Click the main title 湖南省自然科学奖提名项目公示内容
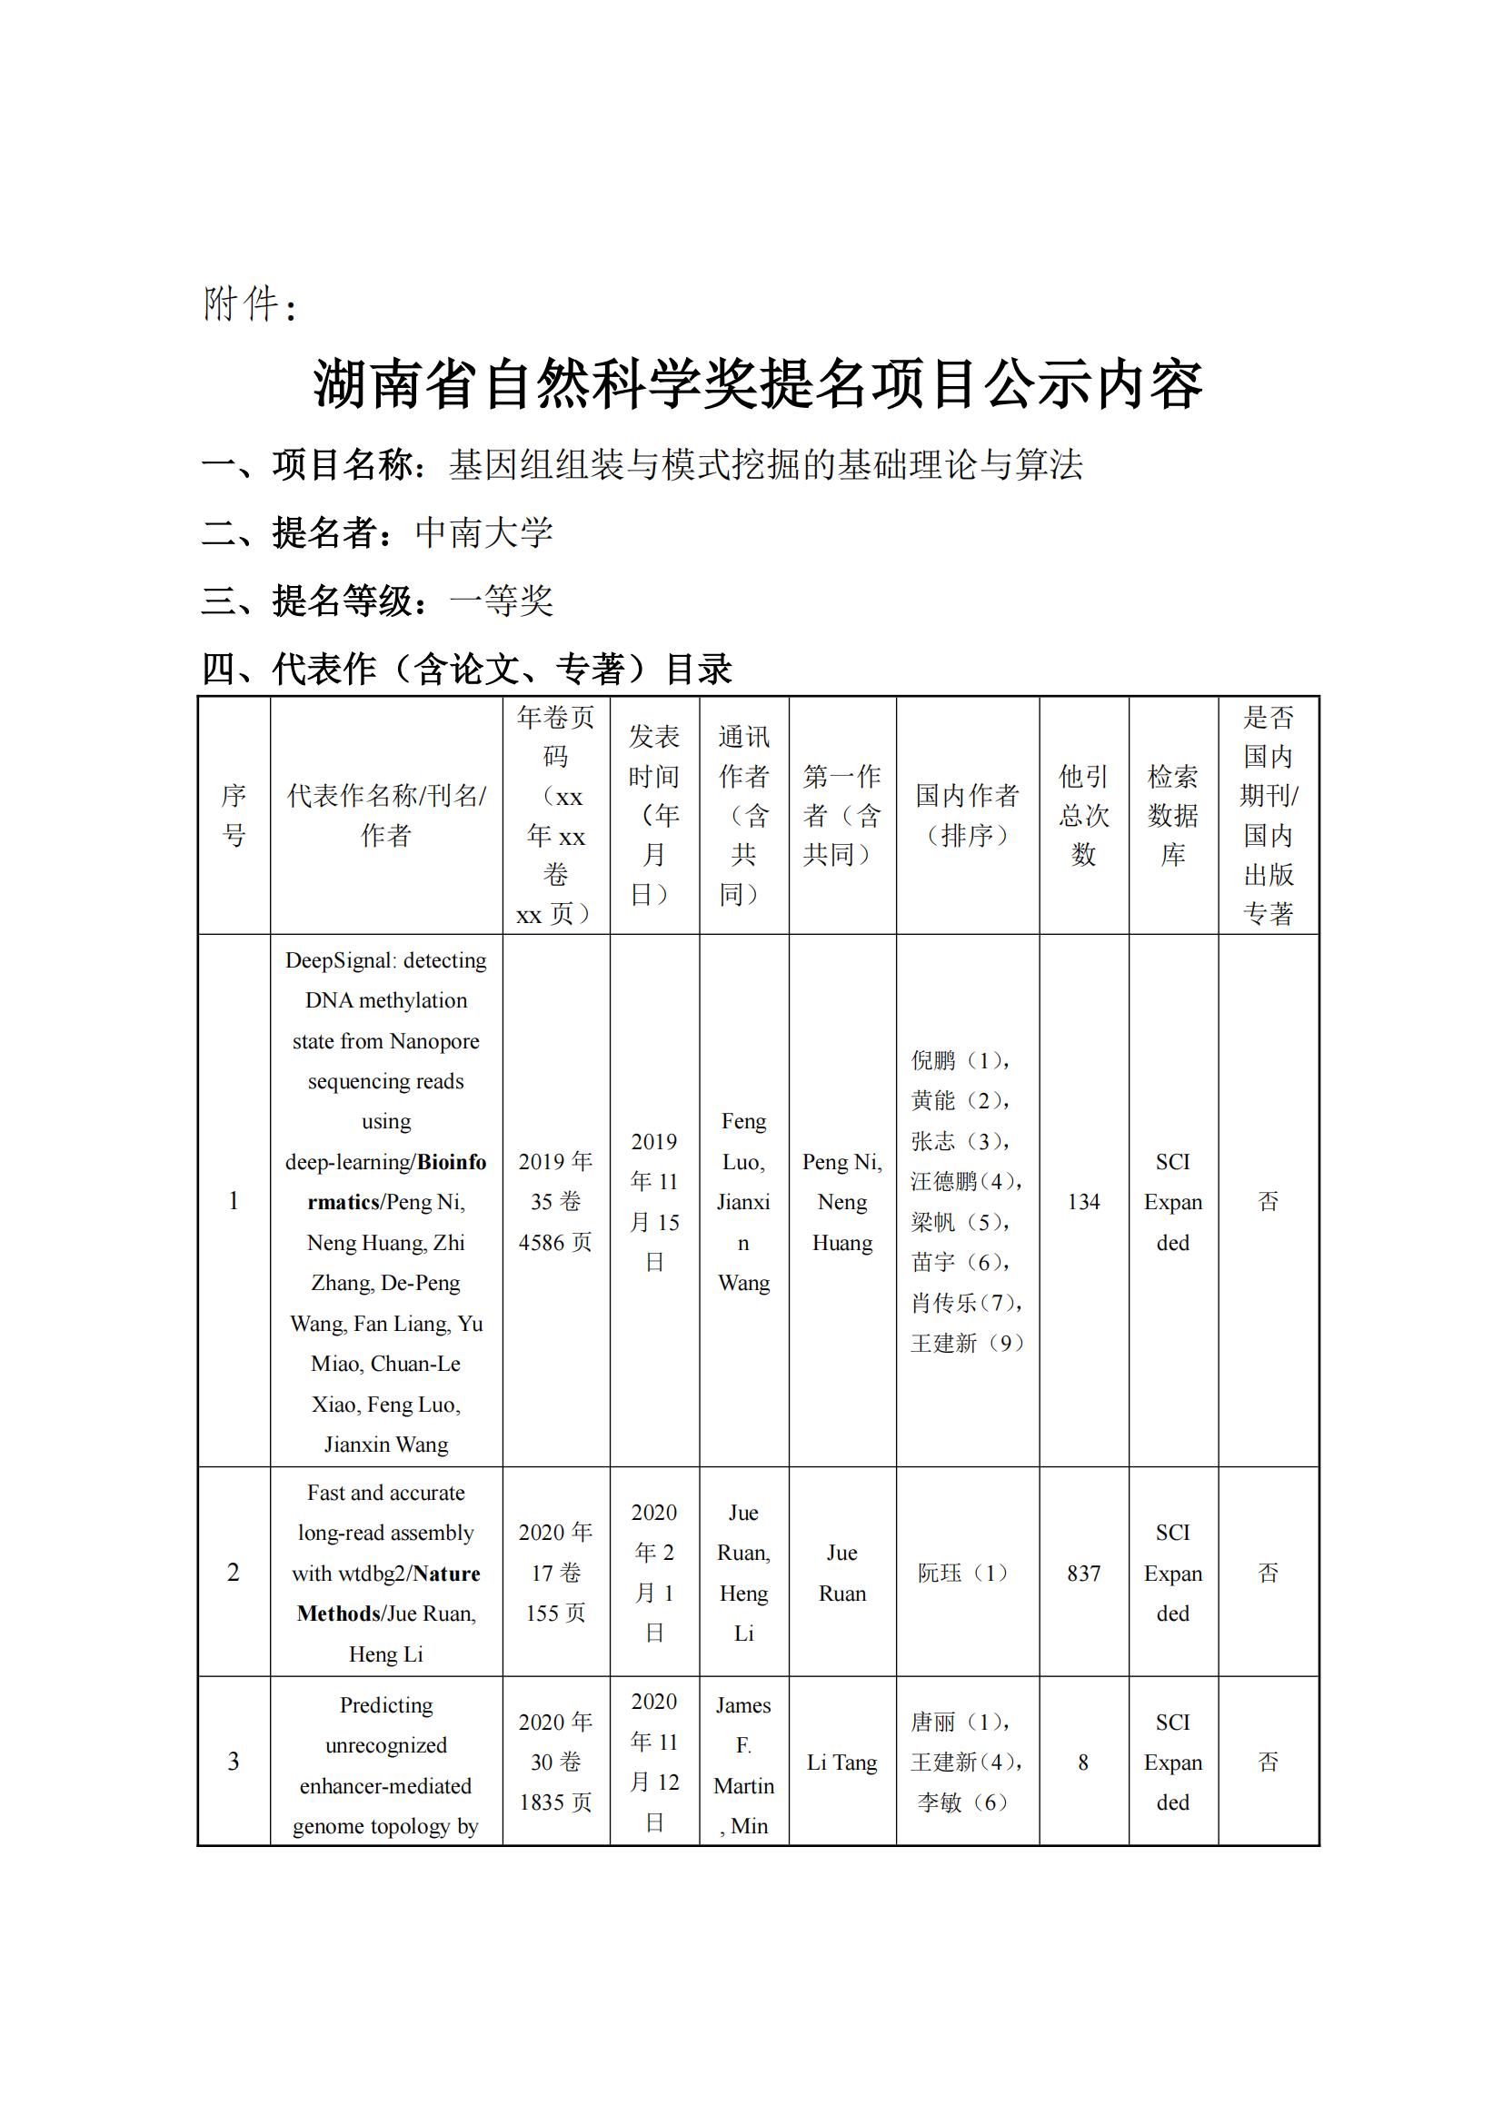tap(757, 384)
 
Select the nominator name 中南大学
tap(484, 533)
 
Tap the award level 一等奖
tap(501, 601)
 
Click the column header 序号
tap(234, 814)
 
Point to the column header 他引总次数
tap(1083, 814)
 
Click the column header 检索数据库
tap(1172, 814)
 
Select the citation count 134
tap(1083, 1201)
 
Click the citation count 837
tap(1083, 1574)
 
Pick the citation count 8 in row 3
tap(1083, 1763)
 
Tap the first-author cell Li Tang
tap(841, 1763)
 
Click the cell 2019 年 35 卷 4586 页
tap(555, 1201)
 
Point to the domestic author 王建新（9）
tap(966, 1343)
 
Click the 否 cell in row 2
tap(1268, 1574)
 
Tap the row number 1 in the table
tap(234, 1201)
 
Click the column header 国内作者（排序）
tap(966, 814)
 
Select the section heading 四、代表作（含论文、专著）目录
tap(467, 670)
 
